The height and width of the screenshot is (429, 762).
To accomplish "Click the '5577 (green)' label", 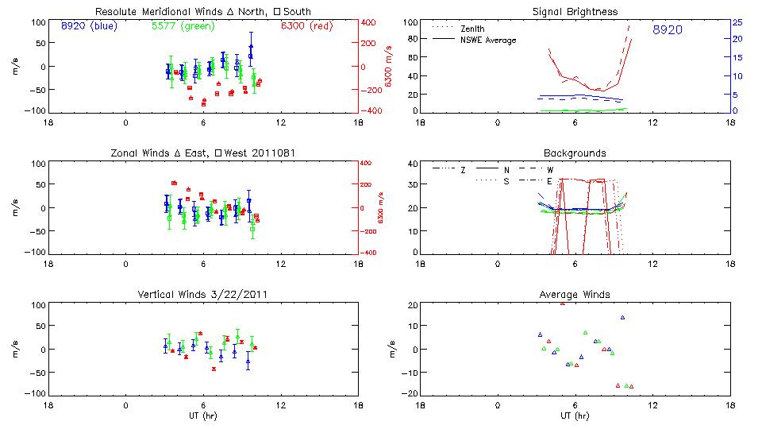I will (x=177, y=26).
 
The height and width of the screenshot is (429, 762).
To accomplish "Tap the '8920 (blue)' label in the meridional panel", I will (x=88, y=26).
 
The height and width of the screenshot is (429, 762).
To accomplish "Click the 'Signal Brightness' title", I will (x=575, y=12).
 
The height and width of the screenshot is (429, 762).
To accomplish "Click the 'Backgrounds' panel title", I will (x=575, y=153).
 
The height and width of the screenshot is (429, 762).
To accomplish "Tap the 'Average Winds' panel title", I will (x=575, y=295).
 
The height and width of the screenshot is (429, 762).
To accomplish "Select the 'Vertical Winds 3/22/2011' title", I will (x=202, y=295).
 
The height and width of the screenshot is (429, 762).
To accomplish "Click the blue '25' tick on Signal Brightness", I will (x=737, y=22).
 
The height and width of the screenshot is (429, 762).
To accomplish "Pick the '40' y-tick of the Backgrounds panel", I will (x=413, y=164).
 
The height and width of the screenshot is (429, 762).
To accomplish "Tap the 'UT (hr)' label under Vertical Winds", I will (x=202, y=415).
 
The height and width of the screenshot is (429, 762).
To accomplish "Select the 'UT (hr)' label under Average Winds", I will (x=575, y=415).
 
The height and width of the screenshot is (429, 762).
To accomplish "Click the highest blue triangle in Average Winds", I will (x=623, y=318).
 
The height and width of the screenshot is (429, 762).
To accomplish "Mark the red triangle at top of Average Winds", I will (x=563, y=303).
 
